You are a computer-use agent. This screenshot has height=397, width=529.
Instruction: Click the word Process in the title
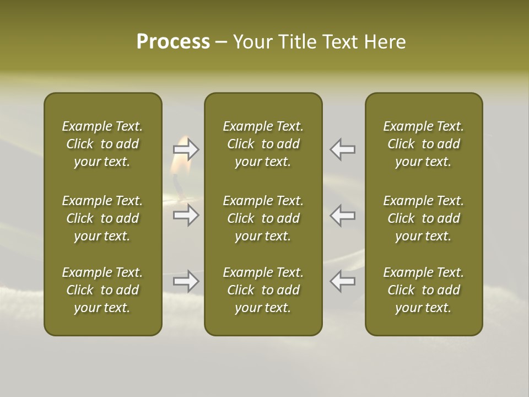click(x=173, y=42)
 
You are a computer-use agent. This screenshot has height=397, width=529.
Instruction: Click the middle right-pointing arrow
click(x=186, y=215)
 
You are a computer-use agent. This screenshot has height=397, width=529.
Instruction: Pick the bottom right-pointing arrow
click(x=186, y=281)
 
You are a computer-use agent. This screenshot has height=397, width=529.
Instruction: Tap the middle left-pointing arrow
click(x=342, y=215)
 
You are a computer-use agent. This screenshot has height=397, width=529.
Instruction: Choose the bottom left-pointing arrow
click(x=342, y=281)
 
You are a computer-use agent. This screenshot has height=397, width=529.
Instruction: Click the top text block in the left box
click(x=102, y=144)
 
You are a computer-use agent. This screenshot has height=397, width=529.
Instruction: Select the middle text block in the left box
click(x=102, y=218)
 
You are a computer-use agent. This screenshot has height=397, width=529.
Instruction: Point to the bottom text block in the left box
click(x=102, y=290)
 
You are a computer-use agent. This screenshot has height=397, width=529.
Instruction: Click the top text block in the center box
click(x=263, y=144)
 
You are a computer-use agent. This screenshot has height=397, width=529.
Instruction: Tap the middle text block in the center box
click(x=263, y=218)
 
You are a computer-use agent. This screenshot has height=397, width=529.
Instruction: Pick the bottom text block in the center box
click(x=263, y=290)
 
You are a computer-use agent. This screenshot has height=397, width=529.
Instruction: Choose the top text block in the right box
click(x=423, y=144)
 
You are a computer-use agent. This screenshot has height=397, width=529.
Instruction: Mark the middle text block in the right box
click(x=423, y=218)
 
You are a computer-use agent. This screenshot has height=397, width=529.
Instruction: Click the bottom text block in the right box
click(x=423, y=290)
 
